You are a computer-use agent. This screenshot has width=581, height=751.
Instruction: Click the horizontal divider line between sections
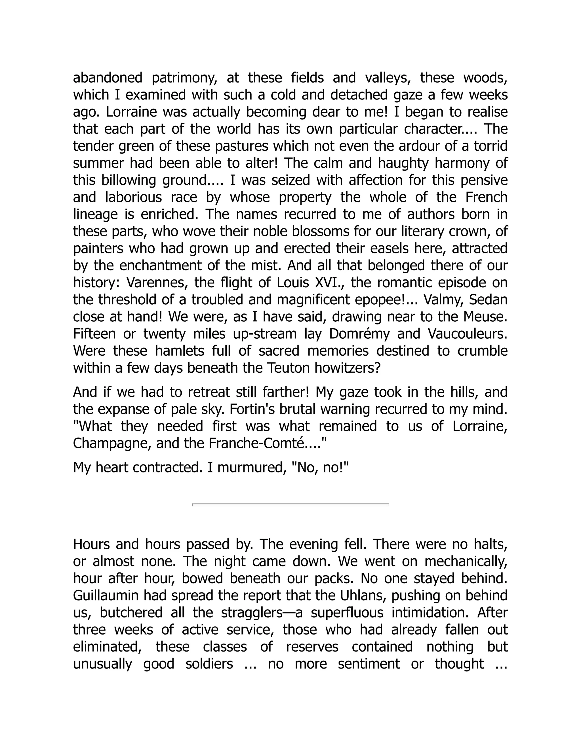290,504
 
